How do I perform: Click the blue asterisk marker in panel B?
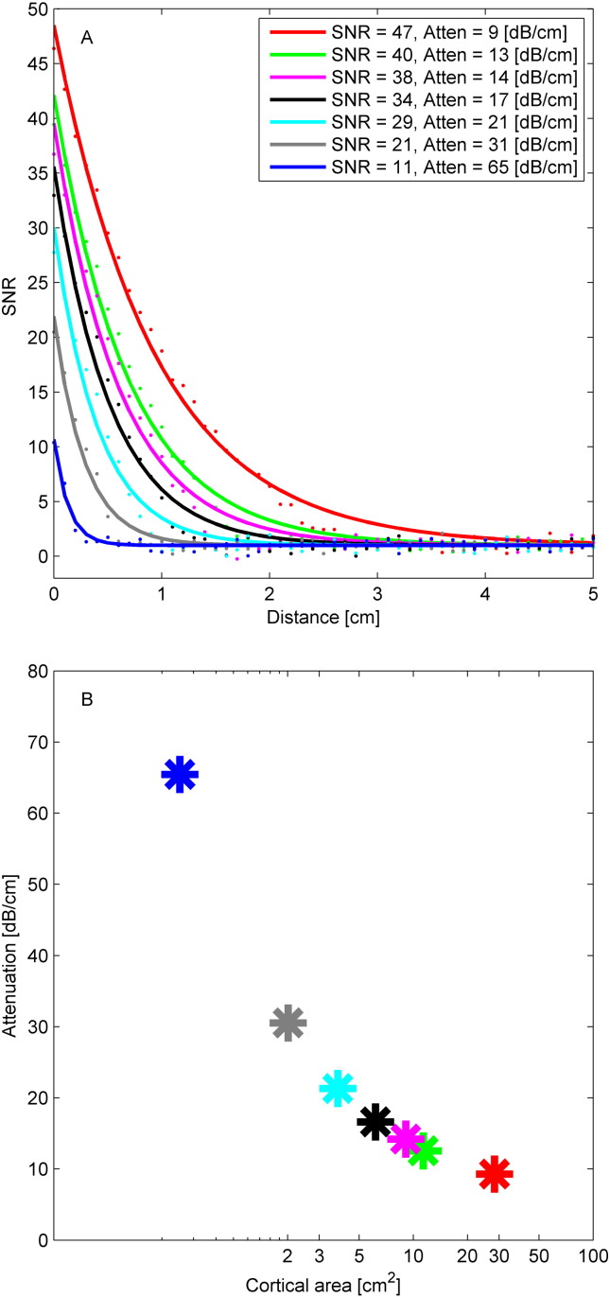pyautogui.click(x=180, y=775)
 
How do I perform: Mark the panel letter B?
pyautogui.click(x=86, y=703)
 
